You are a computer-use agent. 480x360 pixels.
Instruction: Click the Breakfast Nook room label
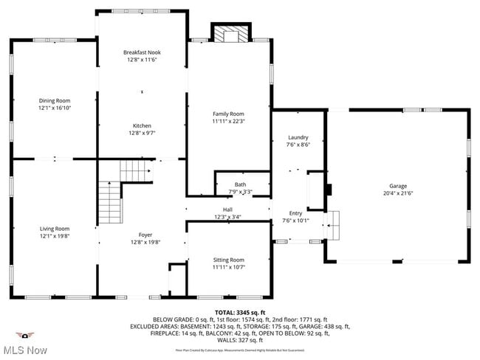pyautogui.click(x=142, y=52)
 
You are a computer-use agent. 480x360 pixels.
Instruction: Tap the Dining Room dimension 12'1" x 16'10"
pyautogui.click(x=55, y=108)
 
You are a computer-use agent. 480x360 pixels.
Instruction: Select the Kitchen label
pyautogui.click(x=142, y=125)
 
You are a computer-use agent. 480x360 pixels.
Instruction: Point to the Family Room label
pyautogui.click(x=228, y=113)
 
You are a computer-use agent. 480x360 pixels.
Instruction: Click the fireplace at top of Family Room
pyautogui.click(x=231, y=34)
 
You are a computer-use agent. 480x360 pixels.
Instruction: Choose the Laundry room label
pyautogui.click(x=298, y=137)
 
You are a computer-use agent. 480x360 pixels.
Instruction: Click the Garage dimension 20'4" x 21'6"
pyautogui.click(x=398, y=194)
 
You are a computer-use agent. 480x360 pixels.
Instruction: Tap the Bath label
pyautogui.click(x=241, y=184)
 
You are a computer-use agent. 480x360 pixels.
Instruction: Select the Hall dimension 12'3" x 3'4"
pyautogui.click(x=227, y=217)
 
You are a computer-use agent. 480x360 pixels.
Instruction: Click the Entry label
pyautogui.click(x=295, y=212)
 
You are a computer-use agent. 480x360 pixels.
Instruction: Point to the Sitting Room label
pyautogui.click(x=228, y=260)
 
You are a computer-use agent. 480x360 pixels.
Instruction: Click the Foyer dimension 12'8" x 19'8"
pyautogui.click(x=145, y=241)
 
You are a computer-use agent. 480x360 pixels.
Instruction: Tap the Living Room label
pyautogui.click(x=55, y=229)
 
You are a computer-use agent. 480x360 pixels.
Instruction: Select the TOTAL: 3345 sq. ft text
pyautogui.click(x=239, y=313)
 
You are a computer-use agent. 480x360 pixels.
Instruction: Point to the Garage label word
pyautogui.click(x=398, y=186)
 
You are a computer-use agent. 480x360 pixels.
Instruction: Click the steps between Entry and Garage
pyautogui.click(x=334, y=225)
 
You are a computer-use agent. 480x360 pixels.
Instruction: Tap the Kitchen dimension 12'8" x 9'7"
pyautogui.click(x=142, y=134)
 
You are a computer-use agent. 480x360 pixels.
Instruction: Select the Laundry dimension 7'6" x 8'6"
pyautogui.click(x=298, y=145)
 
